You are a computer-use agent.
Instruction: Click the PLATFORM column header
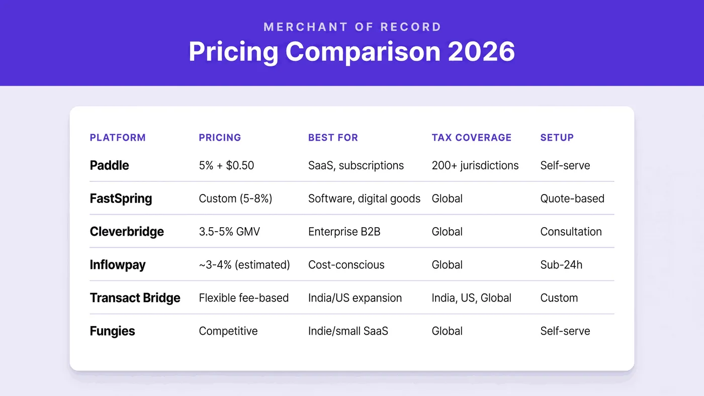coord(118,138)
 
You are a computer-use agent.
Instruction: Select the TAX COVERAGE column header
coord(472,138)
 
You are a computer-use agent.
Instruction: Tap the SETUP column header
coord(557,138)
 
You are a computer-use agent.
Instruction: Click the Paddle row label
coord(110,165)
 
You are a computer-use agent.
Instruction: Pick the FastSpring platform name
coord(121,199)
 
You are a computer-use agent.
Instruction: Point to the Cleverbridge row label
coord(127,232)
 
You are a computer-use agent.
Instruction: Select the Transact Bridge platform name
coord(135,298)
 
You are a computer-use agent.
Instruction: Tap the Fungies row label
coord(112,331)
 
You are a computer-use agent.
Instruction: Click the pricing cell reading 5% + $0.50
coord(226,165)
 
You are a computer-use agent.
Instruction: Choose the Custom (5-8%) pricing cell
coord(235,199)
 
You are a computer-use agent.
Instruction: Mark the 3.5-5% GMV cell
coord(229,232)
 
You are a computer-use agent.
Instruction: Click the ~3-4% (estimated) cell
coord(244,265)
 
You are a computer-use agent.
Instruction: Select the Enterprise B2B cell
coord(344,232)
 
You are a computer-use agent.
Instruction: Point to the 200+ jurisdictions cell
coord(475,165)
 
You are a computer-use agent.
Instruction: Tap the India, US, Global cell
coord(472,298)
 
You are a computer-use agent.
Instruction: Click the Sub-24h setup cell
coord(561,265)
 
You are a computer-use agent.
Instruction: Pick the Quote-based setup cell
coord(572,199)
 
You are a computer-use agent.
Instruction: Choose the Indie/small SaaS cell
coord(348,331)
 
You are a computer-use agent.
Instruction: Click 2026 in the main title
coord(482,51)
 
